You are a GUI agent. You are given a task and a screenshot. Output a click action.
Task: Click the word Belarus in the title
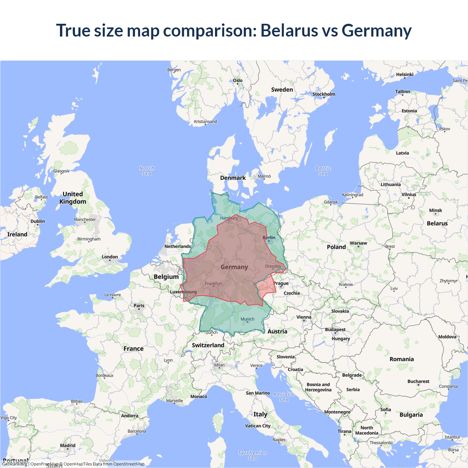[x=289, y=30]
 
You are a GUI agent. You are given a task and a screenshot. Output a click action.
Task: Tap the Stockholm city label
[x=324, y=94]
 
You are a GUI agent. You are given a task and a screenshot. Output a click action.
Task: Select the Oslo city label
[x=238, y=80]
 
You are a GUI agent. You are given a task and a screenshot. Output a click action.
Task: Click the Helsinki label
[x=404, y=75]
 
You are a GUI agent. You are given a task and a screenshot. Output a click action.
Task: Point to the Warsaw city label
[x=358, y=243]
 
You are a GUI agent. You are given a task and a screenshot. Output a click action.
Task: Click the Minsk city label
[x=435, y=211]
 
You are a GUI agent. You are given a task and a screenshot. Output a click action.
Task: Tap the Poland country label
[x=336, y=247]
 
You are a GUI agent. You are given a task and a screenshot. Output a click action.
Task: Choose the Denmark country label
[x=233, y=178]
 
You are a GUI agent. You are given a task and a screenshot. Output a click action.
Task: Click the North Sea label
[x=147, y=171]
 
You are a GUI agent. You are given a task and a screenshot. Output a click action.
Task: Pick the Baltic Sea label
[x=323, y=171]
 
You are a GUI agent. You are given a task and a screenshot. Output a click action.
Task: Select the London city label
[x=110, y=257]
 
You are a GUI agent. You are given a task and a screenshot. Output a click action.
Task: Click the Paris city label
[x=139, y=306]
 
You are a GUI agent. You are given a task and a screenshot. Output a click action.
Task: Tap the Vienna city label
[x=304, y=317]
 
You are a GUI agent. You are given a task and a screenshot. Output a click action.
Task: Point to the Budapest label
[x=335, y=329]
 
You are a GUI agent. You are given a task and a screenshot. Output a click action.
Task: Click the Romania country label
[x=401, y=359]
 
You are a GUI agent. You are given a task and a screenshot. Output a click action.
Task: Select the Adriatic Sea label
[x=284, y=397]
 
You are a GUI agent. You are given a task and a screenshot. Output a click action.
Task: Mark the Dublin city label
[x=38, y=221]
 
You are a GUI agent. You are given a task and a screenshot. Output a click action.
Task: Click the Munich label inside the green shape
[x=248, y=319]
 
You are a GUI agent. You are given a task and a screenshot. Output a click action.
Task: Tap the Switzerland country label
[x=208, y=345]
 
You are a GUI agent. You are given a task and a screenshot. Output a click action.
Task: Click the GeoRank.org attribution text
[x=15, y=464]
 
